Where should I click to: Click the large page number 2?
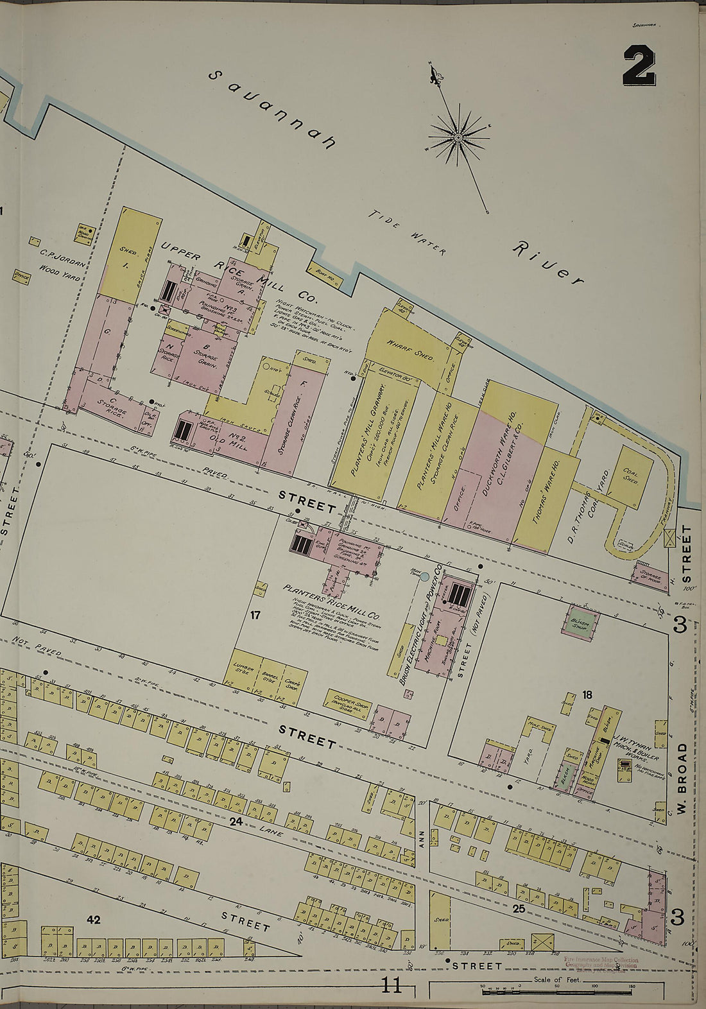[639, 67]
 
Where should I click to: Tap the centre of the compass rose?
[459, 137]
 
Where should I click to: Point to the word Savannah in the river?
[273, 110]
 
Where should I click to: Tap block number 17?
[255, 616]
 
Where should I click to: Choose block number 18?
[587, 694]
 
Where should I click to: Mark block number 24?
[236, 821]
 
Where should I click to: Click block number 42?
[94, 920]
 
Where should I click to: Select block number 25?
[519, 908]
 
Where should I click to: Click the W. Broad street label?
[683, 777]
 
